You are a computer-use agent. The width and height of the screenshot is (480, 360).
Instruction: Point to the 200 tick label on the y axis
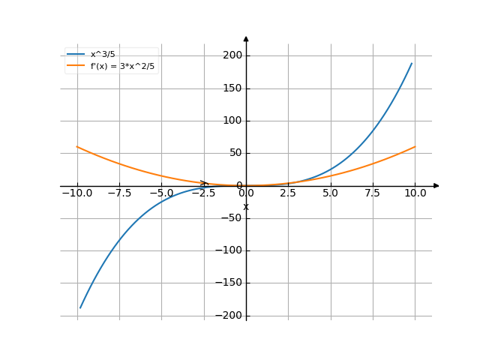(232, 55)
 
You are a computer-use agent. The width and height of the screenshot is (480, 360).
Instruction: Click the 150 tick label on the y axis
(232, 88)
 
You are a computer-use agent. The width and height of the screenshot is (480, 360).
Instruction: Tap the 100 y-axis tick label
(232, 121)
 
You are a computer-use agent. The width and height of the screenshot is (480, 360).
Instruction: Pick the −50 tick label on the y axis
(231, 218)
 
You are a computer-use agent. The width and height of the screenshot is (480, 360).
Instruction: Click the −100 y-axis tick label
(229, 250)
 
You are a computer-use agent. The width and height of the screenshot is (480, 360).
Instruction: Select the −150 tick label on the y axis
(229, 283)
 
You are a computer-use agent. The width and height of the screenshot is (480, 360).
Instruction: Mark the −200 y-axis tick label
(229, 316)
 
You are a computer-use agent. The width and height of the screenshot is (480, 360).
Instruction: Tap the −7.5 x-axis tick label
(118, 193)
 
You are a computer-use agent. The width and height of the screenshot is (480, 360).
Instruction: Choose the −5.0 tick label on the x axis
(160, 193)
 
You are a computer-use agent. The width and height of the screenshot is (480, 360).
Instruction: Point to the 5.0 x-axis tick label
(331, 193)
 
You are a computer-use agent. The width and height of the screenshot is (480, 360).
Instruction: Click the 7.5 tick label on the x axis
(373, 193)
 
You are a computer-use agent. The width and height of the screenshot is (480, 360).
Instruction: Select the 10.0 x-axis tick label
(415, 193)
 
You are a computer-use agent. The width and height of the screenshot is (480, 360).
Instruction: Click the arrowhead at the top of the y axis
(246, 37)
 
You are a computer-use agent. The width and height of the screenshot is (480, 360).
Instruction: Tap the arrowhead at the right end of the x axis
(436, 185)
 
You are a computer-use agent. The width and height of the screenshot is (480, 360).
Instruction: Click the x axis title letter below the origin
(245, 206)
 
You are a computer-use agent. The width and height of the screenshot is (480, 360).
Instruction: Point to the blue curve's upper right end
(412, 63)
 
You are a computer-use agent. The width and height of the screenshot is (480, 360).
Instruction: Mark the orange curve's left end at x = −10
(77, 147)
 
